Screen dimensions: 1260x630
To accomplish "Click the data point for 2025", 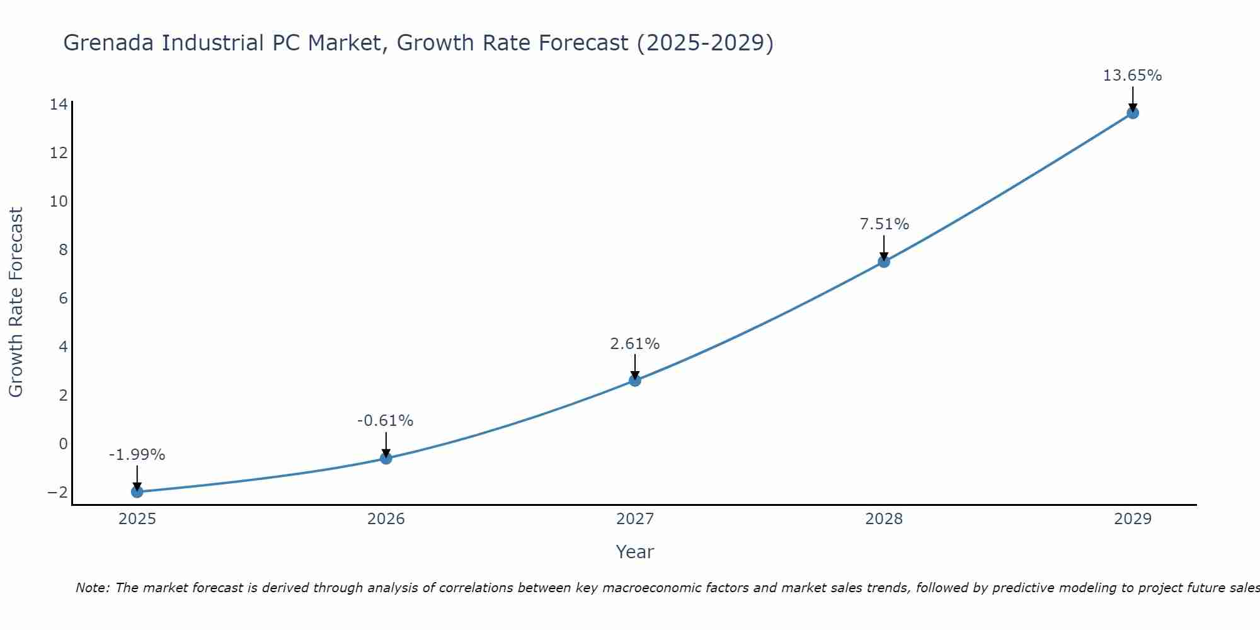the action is pos(137,492).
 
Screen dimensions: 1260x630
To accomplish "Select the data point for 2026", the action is pos(386,458).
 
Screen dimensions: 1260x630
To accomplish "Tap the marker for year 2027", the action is pos(634,381).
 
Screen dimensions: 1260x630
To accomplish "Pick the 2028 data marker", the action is pos(883,261).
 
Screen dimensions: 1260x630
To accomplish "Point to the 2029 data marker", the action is pos(1132,113).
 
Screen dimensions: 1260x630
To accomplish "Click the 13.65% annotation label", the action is pos(1132,76).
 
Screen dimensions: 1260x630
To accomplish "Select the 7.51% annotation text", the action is pos(885,224).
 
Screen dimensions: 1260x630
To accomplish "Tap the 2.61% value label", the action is pos(634,344).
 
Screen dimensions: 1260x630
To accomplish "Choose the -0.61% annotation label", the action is pos(386,421).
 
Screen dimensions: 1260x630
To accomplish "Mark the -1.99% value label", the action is pos(137,455).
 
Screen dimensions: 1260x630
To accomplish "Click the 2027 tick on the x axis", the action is pos(634,519).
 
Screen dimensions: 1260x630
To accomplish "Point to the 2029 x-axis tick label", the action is pos(1132,519).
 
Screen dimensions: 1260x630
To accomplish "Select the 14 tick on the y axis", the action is pos(59,105).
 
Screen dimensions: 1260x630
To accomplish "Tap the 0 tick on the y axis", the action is pos(63,444).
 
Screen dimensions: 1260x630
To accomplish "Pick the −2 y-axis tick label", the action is pos(57,492).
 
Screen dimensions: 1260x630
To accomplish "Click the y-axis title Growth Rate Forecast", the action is pos(16,302).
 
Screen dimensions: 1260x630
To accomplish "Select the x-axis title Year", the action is pos(634,553).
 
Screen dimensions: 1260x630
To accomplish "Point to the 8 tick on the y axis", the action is pos(63,250).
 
